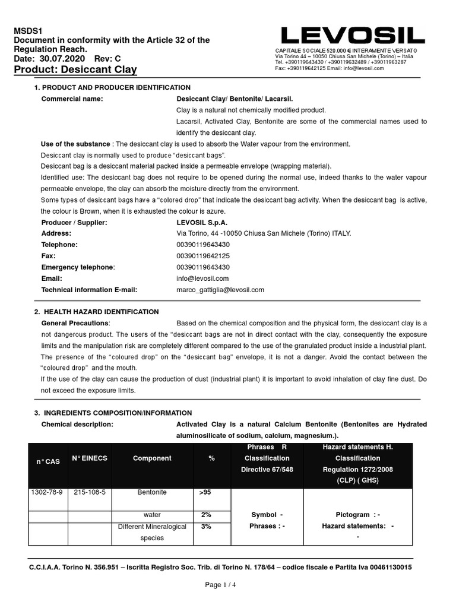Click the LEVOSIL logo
click(353, 35)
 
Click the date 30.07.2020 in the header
click(62, 59)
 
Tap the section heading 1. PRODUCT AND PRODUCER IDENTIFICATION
click(112, 87)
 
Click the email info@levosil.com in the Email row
click(202, 278)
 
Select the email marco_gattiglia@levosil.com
click(220, 290)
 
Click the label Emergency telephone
click(78, 267)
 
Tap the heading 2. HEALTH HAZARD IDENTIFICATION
click(96, 312)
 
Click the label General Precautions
click(75, 323)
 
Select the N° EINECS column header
click(89, 458)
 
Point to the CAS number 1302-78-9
click(47, 492)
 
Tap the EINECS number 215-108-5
click(89, 492)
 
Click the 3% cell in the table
click(206, 526)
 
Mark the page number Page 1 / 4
click(220, 584)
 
